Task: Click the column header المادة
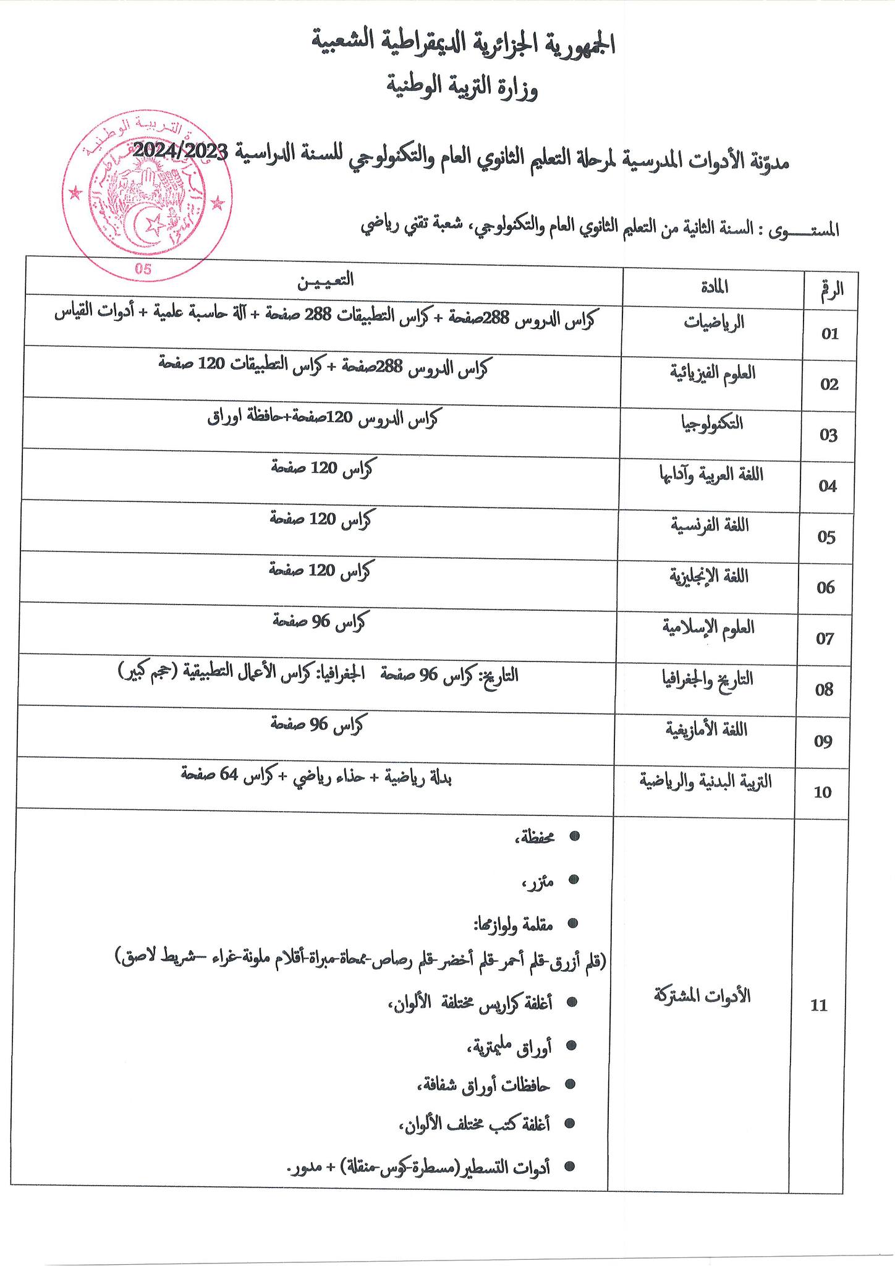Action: click(x=715, y=287)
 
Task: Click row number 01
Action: click(x=829, y=334)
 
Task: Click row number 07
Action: click(x=826, y=639)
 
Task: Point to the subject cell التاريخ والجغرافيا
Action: click(x=708, y=679)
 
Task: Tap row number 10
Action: click(x=823, y=792)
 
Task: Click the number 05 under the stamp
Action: click(x=143, y=270)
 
